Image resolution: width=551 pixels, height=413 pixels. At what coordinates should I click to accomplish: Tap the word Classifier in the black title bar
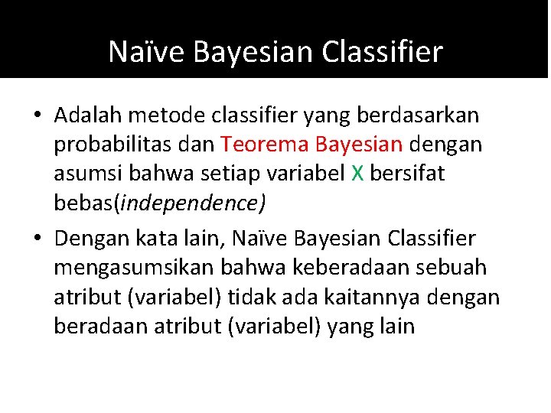click(x=383, y=52)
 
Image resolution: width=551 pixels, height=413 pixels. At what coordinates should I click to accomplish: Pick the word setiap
click(x=223, y=174)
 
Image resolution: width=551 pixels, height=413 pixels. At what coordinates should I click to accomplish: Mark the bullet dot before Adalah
click(x=37, y=116)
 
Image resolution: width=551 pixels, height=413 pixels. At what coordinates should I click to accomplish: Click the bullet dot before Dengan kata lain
click(x=37, y=240)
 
